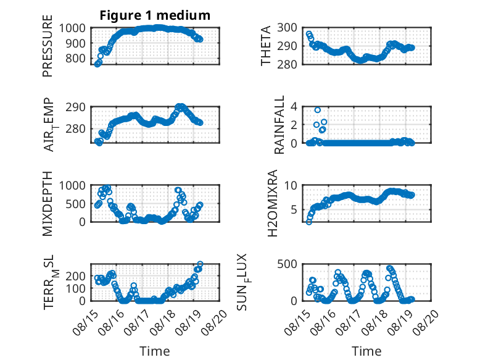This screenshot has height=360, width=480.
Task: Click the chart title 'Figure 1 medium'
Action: [155, 15]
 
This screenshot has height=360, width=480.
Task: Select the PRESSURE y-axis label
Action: [48, 46]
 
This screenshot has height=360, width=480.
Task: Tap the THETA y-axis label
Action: [266, 46]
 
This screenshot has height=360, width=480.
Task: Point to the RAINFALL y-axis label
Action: [279, 125]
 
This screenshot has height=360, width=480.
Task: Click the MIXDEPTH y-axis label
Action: [48, 204]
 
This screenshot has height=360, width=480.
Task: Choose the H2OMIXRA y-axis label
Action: [273, 203]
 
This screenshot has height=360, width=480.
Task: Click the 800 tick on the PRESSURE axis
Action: [75, 58]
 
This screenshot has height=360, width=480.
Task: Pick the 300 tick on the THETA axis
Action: [287, 28]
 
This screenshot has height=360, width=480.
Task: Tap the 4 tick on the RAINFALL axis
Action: [294, 107]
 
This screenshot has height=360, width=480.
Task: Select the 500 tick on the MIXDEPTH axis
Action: [75, 204]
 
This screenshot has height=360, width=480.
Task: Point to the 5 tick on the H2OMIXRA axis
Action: [294, 210]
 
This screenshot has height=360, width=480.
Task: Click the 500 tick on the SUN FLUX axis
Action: [287, 264]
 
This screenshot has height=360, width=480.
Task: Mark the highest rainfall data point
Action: [318, 110]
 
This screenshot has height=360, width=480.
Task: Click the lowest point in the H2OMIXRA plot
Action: [309, 222]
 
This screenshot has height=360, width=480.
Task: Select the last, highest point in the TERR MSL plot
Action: [200, 264]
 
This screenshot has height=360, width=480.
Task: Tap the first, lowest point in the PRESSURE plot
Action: [97, 64]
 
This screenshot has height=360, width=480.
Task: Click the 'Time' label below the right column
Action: [366, 351]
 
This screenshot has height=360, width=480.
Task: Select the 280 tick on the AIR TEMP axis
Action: [75, 128]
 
